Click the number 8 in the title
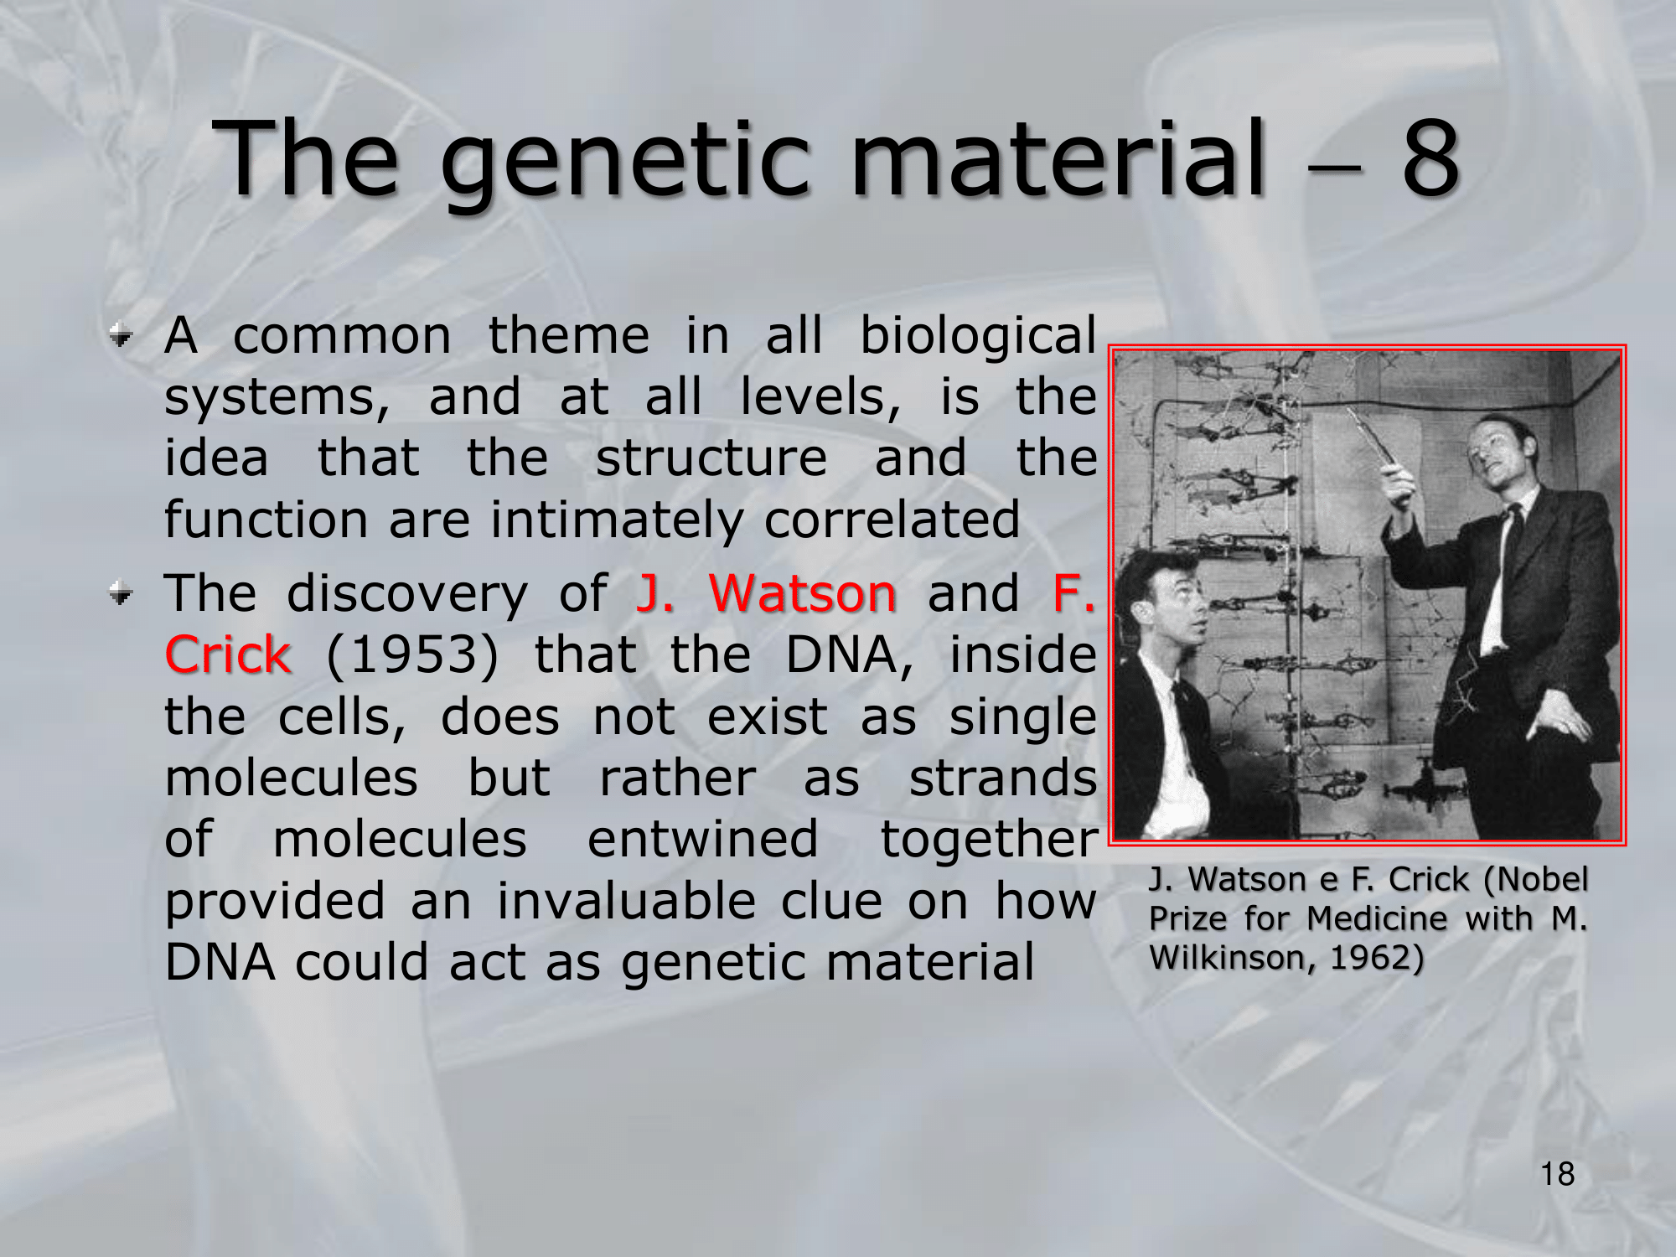(x=1431, y=157)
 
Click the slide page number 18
(x=1557, y=1174)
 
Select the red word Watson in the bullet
(x=803, y=593)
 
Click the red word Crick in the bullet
(x=228, y=654)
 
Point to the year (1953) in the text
(x=411, y=655)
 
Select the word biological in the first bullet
(x=978, y=338)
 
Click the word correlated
(x=892, y=520)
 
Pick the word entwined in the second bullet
(x=702, y=839)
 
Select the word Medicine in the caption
(x=1377, y=918)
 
